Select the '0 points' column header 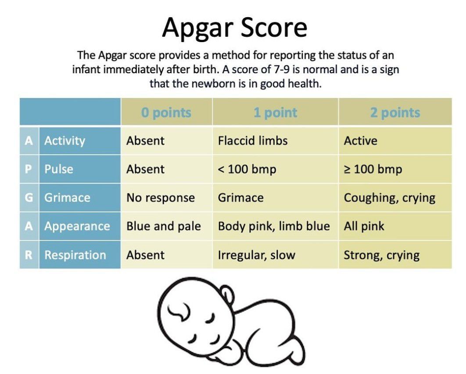tap(166, 113)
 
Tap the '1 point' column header tap(275, 113)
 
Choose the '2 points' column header tap(395, 113)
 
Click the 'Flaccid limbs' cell tap(253, 140)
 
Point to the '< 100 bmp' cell tap(247, 169)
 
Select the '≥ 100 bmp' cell tap(373, 169)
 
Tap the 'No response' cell tap(161, 198)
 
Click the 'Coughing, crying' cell tap(390, 198)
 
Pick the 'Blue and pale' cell tap(164, 226)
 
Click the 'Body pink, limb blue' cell tap(274, 226)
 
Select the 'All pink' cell tap(364, 226)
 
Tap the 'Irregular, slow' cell tap(257, 255)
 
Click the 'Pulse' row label tap(59, 169)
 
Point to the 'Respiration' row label tap(75, 255)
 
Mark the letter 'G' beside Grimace tap(29, 198)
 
